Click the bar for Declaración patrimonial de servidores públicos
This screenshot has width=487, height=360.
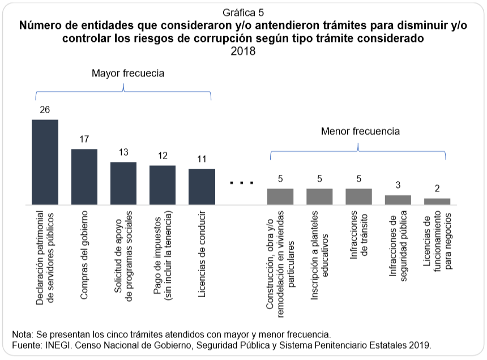point(45,162)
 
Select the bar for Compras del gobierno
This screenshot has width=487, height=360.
point(84,177)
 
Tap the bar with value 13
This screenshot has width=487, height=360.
point(123,183)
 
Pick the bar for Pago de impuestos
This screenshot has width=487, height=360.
point(163,185)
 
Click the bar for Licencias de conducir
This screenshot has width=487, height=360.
point(202,186)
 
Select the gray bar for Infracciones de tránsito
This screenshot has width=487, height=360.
point(358,196)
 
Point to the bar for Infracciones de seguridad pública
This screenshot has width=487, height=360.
point(398,199)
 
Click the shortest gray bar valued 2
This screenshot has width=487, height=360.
point(437,201)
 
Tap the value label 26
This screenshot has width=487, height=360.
point(45,109)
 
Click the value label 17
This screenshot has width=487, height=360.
point(84,139)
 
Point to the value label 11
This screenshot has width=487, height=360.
point(202,158)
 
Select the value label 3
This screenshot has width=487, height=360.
point(398,185)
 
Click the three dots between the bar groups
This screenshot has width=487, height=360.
point(241,183)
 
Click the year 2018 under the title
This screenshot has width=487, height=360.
point(244,52)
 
